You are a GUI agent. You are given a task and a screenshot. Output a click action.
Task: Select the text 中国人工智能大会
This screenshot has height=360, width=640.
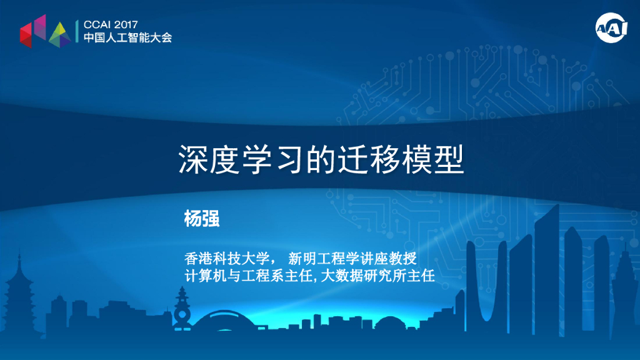(128, 38)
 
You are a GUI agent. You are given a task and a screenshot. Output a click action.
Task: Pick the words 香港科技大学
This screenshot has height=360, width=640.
(226, 257)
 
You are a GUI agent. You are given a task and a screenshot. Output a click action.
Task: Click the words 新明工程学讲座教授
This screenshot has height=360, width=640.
(352, 257)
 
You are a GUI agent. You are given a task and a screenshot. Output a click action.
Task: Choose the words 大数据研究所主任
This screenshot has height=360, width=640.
(377, 275)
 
